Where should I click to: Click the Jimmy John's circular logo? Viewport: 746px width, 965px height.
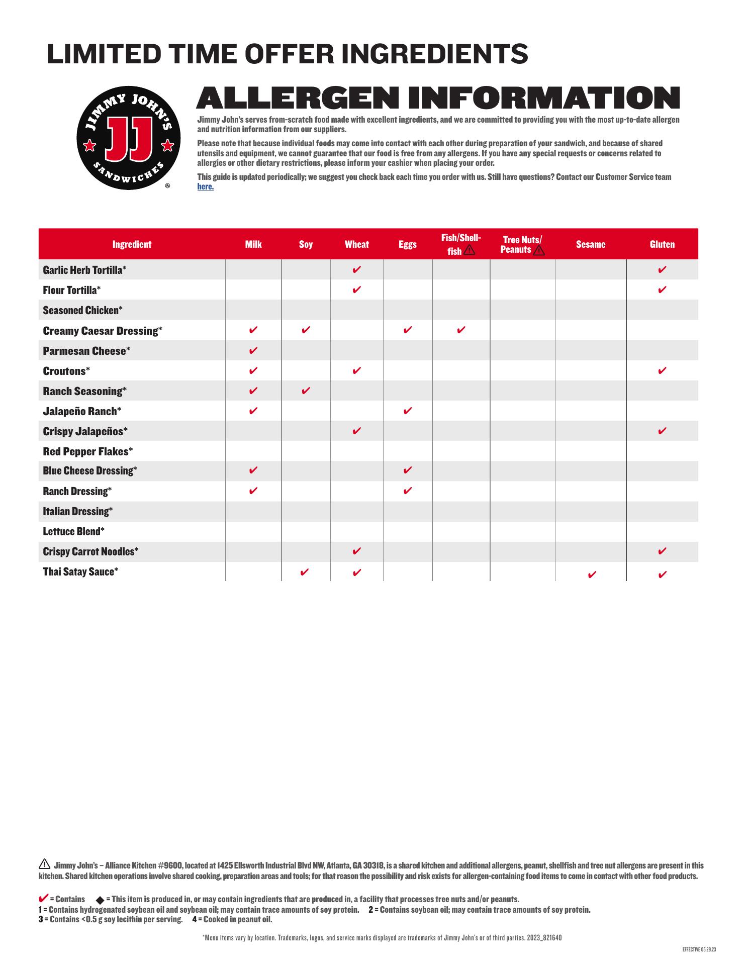click(x=128, y=138)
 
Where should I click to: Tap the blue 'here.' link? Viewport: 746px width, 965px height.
click(x=205, y=186)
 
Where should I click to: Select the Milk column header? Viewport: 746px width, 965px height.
click(x=253, y=244)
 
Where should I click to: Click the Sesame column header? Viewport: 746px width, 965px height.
click(x=590, y=244)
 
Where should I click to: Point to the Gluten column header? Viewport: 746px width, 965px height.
click(x=662, y=244)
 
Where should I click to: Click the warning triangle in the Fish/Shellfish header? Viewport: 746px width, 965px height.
click(x=469, y=250)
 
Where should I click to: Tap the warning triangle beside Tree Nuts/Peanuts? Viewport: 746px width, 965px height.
click(x=538, y=250)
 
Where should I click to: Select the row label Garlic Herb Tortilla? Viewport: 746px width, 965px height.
click(x=84, y=270)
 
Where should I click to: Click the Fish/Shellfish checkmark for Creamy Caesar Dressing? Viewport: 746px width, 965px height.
click(x=461, y=330)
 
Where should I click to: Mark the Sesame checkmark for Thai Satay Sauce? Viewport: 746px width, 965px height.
click(x=592, y=574)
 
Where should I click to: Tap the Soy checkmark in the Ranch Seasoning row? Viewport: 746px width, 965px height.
click(x=306, y=391)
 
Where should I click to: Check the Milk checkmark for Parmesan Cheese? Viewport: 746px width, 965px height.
click(x=253, y=350)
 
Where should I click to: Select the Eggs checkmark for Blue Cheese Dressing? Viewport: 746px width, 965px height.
click(x=408, y=470)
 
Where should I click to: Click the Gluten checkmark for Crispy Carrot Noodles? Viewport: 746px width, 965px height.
click(x=662, y=551)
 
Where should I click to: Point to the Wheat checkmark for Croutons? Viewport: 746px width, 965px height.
click(x=356, y=370)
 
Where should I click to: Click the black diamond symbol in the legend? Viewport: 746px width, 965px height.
click(x=100, y=900)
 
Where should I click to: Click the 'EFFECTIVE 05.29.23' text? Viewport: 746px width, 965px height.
click(x=699, y=949)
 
